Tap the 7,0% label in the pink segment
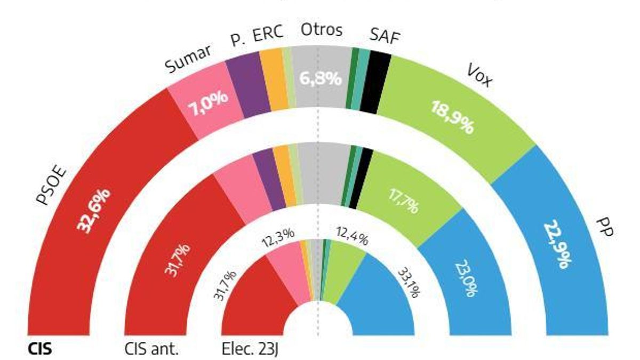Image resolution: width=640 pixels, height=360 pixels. click(207, 109)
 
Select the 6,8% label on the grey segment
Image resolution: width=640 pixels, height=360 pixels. click(320, 79)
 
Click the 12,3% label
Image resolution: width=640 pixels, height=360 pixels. click(278, 236)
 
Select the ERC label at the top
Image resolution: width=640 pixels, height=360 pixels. click(267, 36)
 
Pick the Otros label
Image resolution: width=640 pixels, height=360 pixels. click(321, 30)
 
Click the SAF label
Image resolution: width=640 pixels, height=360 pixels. click(385, 37)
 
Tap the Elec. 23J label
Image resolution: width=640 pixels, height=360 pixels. click(250, 350)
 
